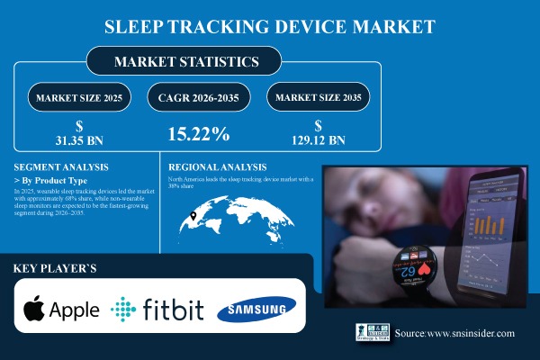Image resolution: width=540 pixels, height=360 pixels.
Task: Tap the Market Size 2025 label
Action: tap(78, 96)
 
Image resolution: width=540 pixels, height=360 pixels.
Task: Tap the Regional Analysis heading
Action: tap(218, 167)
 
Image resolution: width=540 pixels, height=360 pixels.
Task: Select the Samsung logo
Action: tap(263, 310)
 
